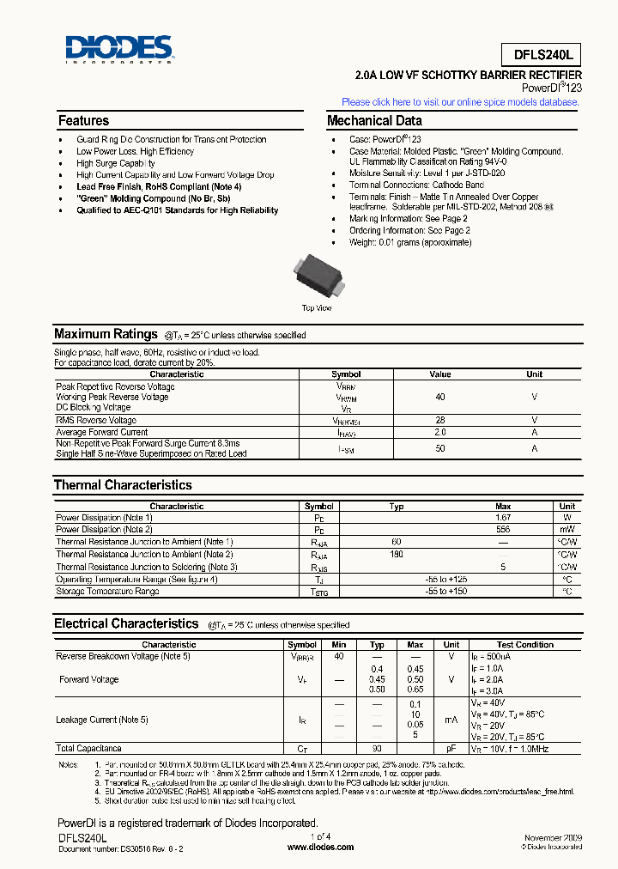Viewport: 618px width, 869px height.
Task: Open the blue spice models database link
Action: [x=460, y=101]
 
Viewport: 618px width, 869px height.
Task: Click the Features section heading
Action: [x=83, y=121]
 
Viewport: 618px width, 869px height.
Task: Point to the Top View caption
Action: [x=317, y=307]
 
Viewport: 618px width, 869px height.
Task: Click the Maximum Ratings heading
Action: [x=106, y=334]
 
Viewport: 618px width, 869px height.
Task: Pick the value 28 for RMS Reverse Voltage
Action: [x=439, y=420]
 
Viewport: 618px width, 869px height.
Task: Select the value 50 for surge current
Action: [x=439, y=448]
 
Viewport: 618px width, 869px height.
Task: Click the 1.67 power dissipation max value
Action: [x=503, y=518]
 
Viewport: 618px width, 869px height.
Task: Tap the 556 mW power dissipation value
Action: [x=503, y=530]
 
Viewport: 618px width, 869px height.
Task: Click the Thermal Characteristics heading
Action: [x=123, y=485]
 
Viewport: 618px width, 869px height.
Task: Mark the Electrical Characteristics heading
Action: [x=126, y=624]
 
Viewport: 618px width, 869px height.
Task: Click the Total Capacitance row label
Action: [x=89, y=749]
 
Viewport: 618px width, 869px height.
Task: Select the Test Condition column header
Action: [x=524, y=644]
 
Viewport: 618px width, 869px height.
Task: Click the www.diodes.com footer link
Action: [x=319, y=847]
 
